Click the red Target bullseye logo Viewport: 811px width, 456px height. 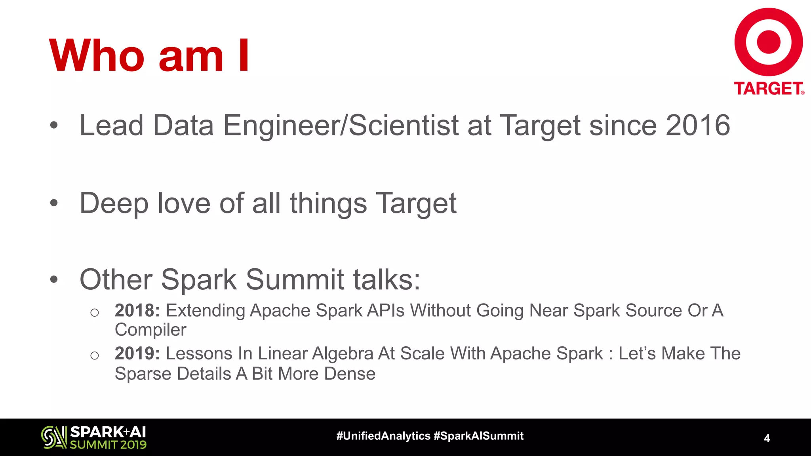[768, 42]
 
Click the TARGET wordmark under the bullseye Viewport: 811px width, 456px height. [768, 88]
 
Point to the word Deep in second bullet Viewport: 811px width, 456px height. [114, 203]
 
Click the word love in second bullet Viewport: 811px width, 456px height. [184, 203]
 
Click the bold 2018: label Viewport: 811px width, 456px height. [137, 310]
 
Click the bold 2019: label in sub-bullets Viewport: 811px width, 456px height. [137, 353]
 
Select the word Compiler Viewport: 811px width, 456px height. [150, 330]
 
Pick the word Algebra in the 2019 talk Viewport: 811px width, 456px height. [343, 353]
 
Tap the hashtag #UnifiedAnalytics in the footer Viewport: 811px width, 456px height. [383, 436]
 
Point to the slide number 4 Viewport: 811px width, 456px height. [767, 438]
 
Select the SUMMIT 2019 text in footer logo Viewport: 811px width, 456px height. [108, 445]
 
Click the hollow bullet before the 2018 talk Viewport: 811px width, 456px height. [94, 313]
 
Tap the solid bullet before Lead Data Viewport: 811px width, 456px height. [54, 126]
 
